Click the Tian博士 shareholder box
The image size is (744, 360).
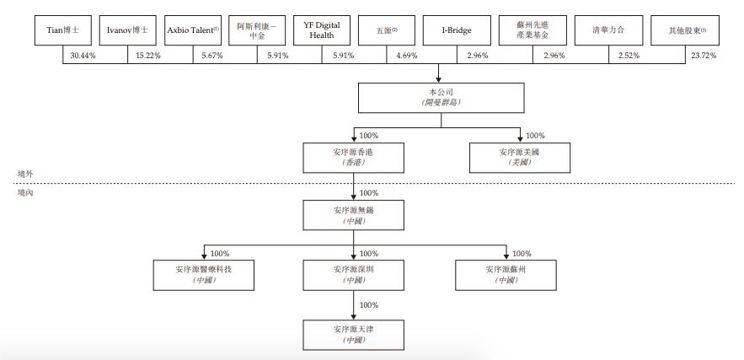click(62, 30)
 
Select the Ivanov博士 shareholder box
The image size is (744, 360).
click(127, 30)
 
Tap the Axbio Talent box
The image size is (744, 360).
click(192, 30)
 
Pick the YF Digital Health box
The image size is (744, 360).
click(322, 30)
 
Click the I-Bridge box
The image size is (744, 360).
click(456, 30)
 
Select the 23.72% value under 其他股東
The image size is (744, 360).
click(704, 56)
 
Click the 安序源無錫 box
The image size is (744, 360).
click(352, 215)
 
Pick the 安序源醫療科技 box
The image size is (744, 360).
click(202, 273)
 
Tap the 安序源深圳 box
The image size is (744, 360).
click(352, 273)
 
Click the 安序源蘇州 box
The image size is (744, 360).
click(506, 273)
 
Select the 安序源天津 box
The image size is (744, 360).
click(352, 333)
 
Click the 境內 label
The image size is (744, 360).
click(24, 193)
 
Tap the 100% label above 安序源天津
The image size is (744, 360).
click(369, 305)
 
